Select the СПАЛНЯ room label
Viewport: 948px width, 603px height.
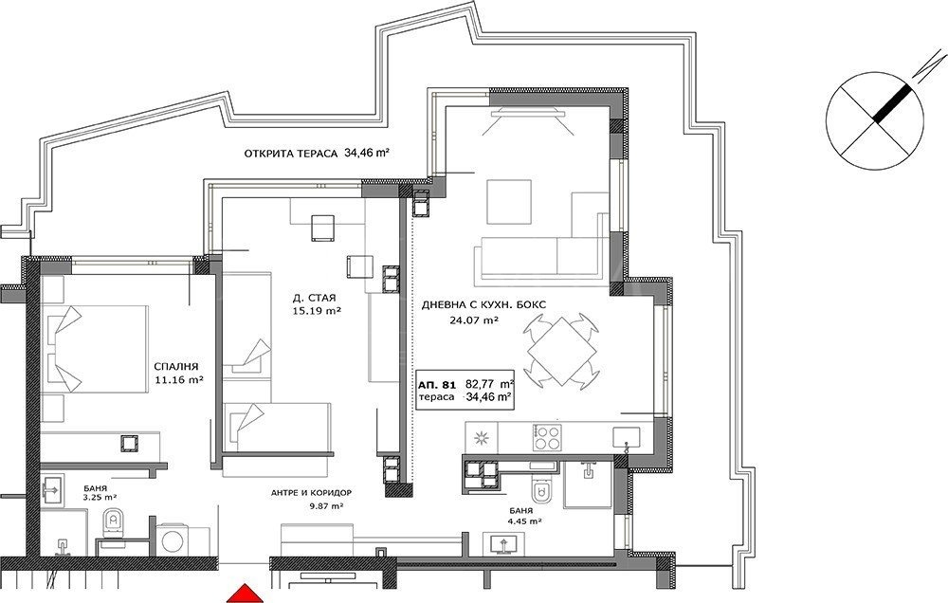click(176, 367)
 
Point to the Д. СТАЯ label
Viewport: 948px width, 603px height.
click(314, 298)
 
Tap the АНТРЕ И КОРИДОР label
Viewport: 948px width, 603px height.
click(311, 493)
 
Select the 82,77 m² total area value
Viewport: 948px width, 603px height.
click(490, 383)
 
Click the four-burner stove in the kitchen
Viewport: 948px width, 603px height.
click(547, 437)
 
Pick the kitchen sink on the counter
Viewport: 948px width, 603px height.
click(626, 437)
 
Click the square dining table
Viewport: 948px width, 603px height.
click(562, 352)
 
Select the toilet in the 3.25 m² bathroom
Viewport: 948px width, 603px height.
click(112, 524)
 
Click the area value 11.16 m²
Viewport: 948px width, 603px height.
click(178, 380)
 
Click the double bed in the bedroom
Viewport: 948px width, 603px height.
click(96, 349)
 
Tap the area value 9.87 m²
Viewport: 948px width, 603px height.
click(326, 507)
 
